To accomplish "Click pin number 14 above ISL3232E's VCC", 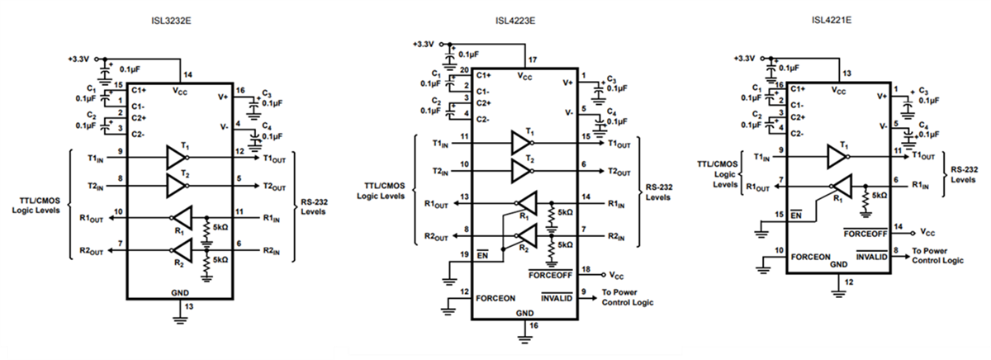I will tap(189, 74).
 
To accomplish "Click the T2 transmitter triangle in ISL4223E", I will tap(522, 172).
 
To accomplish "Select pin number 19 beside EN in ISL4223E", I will tap(464, 255).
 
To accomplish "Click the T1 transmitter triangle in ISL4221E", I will tap(837, 155).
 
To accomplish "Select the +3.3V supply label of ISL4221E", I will tap(745, 59).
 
